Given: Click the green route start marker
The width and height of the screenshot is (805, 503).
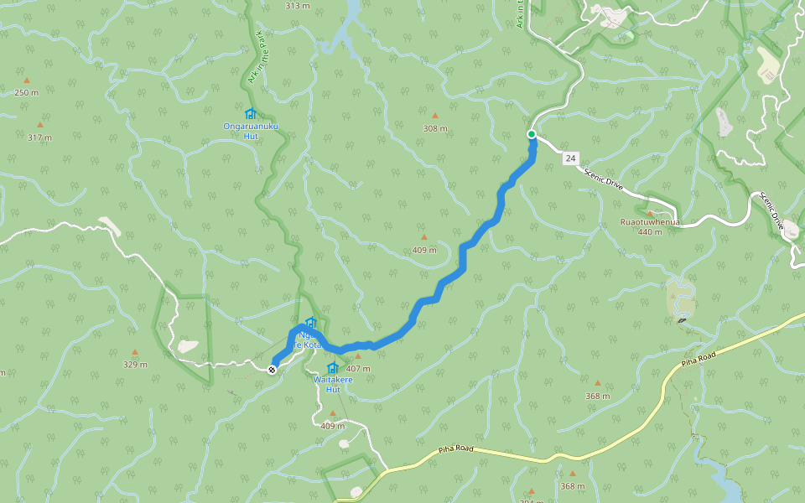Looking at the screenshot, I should pos(532,134).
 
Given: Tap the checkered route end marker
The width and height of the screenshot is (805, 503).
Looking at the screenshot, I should pos(273,369).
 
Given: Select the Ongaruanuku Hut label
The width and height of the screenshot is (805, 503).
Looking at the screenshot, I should pos(250,131).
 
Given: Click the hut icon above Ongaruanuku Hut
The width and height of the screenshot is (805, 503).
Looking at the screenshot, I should pos(250,114).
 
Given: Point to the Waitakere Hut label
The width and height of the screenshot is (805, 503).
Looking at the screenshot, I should pos(333,384).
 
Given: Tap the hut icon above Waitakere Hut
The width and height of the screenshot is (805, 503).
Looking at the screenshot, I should pos(333,368).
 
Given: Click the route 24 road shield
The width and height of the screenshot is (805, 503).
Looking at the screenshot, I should pos(570,158).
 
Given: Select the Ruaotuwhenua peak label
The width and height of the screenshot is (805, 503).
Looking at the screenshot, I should pos(650,222).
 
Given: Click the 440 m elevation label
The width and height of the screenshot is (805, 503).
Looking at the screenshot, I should pos(650,231).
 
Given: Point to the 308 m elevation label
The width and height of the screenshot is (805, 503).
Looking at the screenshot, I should pos(435,128).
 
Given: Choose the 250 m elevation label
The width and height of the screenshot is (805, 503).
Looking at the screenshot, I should pos(26,92).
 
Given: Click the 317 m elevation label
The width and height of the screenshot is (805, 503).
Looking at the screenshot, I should pos(39,137).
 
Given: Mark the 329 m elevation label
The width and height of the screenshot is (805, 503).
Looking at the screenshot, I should pos(135,365).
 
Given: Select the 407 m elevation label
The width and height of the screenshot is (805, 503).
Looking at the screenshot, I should pos(358,369).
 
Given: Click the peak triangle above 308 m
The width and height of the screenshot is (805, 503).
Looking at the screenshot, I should pos(434,116).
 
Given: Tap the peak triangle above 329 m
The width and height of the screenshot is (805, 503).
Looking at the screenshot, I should pos(134,352).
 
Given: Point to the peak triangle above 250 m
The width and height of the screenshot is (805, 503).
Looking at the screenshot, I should pos(26,80).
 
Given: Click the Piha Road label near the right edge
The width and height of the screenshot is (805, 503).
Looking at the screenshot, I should pos(697,358).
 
